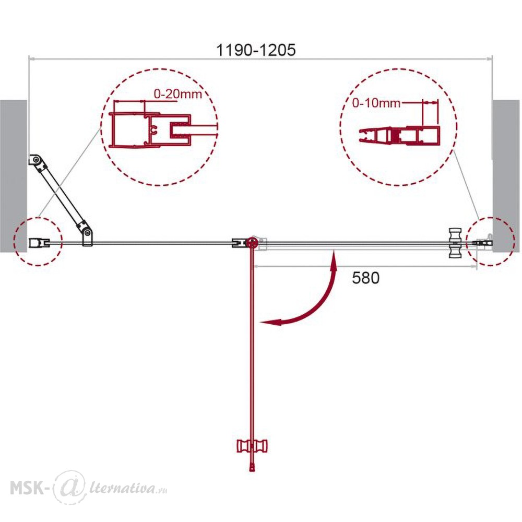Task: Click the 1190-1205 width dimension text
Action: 256,50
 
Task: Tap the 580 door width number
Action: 365,278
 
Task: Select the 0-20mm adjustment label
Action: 178,94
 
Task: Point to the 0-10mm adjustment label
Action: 376,103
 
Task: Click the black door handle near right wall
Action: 455,243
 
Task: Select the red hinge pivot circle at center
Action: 252,243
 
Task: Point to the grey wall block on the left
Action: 14,176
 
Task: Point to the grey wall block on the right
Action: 506,176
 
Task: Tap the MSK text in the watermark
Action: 27,489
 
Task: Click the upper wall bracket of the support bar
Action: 37,162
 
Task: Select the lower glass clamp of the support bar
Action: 87,235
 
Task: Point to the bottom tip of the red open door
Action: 252,471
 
